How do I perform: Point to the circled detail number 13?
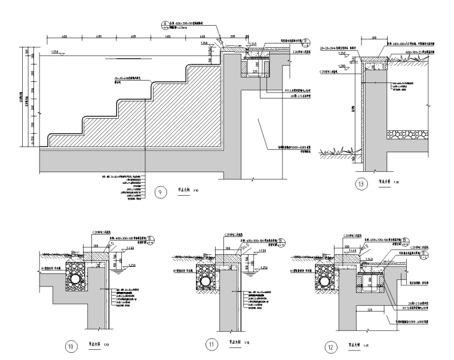pos(360,184)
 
